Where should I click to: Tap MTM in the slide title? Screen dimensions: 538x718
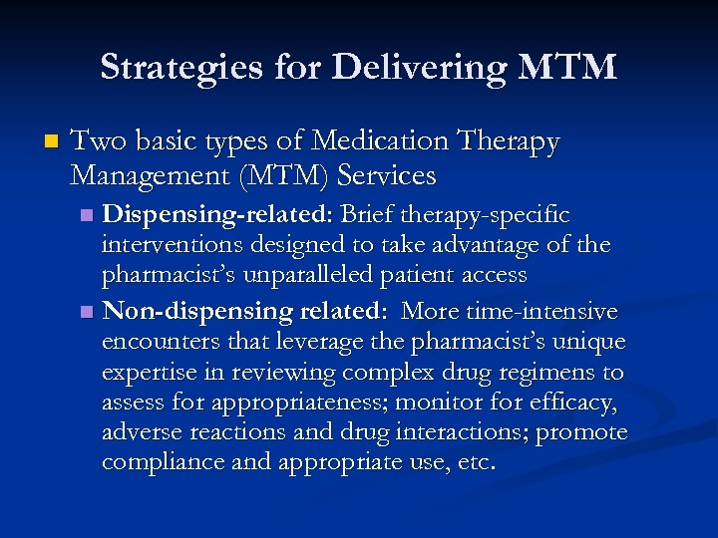tap(568, 68)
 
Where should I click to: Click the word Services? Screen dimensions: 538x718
tap(387, 176)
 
